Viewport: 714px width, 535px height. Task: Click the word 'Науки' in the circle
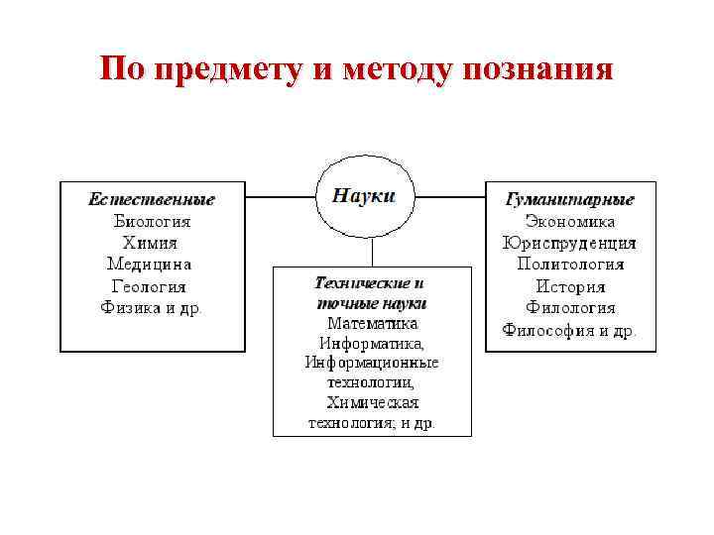pyautogui.click(x=363, y=195)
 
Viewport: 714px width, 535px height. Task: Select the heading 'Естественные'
pyautogui.click(x=152, y=199)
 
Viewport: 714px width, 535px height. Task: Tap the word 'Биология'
pyautogui.click(x=152, y=221)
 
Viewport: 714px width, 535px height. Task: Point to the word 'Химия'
pyautogui.click(x=151, y=243)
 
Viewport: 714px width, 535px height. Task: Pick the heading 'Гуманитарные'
pyautogui.click(x=570, y=199)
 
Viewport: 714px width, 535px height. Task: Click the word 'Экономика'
pyautogui.click(x=570, y=221)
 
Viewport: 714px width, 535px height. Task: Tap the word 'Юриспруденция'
pyautogui.click(x=570, y=243)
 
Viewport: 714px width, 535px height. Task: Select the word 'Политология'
pyautogui.click(x=570, y=265)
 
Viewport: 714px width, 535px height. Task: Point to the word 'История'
pyautogui.click(x=570, y=286)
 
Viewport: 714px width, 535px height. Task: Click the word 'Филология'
pyautogui.click(x=570, y=308)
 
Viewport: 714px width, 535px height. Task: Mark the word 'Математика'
pyautogui.click(x=372, y=323)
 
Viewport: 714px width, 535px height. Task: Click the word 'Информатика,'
pyautogui.click(x=372, y=343)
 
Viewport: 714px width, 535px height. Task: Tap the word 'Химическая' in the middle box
pyautogui.click(x=372, y=403)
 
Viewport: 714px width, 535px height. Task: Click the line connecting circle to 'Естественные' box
pyautogui.click(x=281, y=197)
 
